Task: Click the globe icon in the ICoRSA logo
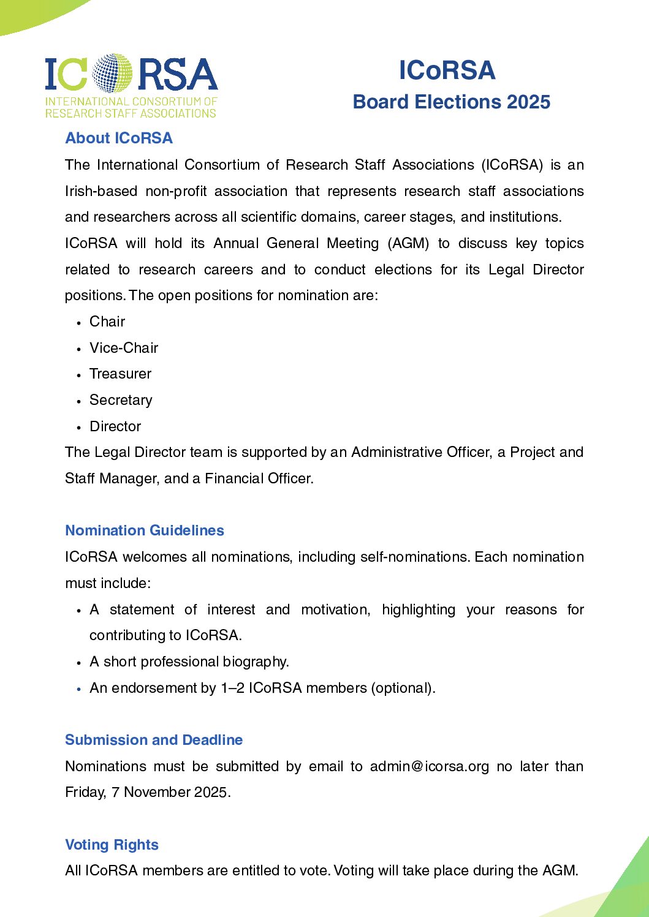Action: point(112,74)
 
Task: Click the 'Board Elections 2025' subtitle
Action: point(452,102)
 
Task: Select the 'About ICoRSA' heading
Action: point(119,138)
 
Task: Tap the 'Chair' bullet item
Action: point(107,322)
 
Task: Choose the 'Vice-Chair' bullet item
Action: point(124,348)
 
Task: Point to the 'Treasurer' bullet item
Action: point(120,374)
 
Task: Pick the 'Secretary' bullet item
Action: point(121,400)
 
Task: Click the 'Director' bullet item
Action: point(115,426)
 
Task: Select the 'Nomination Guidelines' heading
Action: point(145,530)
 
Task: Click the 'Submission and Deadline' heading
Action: point(154,740)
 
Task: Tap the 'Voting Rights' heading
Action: point(112,845)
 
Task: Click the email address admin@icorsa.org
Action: point(430,766)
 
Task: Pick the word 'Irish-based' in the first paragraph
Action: point(101,191)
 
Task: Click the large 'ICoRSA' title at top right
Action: point(447,70)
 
